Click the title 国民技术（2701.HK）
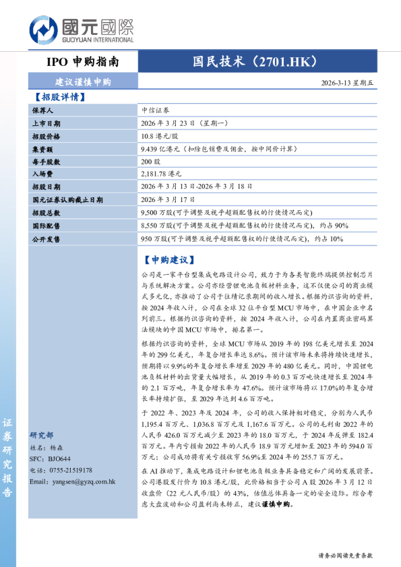(255, 62)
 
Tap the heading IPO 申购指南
(83, 62)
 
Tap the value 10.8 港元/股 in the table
(162, 137)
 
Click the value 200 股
(151, 162)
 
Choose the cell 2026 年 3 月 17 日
(168, 200)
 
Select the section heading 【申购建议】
(169, 259)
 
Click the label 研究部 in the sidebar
(42, 435)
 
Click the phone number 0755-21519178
(69, 470)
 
